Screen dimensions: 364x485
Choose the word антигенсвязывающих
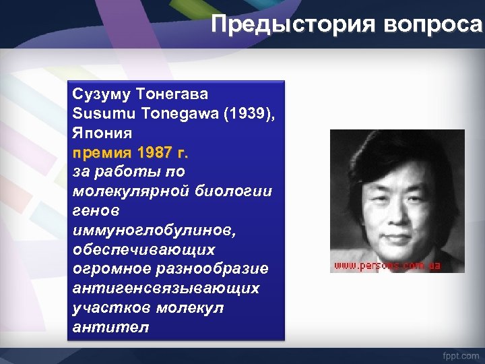tap(165, 289)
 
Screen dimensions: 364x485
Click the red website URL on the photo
tap(387, 266)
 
